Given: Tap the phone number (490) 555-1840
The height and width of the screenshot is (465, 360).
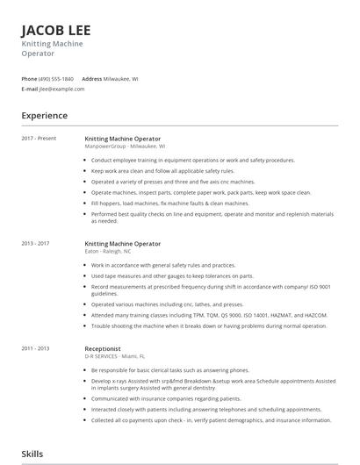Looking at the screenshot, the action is click(57, 79).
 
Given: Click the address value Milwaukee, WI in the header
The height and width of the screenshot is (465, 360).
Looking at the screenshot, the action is click(122, 79).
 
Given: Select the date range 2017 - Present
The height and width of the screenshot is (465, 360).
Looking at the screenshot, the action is click(39, 139).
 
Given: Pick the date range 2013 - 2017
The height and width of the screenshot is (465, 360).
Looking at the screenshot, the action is click(36, 243).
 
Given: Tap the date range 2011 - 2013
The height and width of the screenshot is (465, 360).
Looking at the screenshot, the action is click(36, 348).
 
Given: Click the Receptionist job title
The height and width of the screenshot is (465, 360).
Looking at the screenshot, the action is click(103, 348).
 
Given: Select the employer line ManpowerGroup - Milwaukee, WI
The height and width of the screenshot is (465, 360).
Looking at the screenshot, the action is click(125, 147).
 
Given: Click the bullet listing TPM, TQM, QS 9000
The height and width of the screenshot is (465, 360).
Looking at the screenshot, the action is click(209, 314).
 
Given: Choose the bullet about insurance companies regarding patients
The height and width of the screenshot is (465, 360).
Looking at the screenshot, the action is click(177, 398).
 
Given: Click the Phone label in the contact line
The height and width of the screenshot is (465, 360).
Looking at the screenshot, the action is click(29, 79).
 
